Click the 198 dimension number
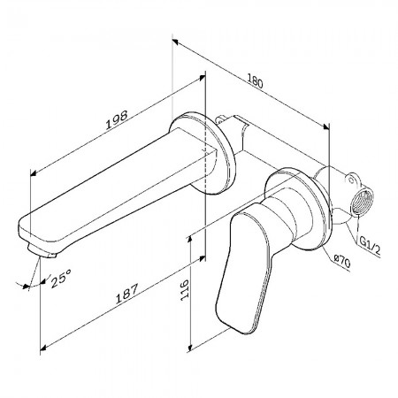[x=117, y=120]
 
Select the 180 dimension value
[x=255, y=81]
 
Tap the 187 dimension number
[x=126, y=294]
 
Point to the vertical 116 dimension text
[x=184, y=290]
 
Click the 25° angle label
[x=61, y=278]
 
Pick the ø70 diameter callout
[x=342, y=261]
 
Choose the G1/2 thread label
[x=370, y=247]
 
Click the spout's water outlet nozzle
[x=42, y=252]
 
